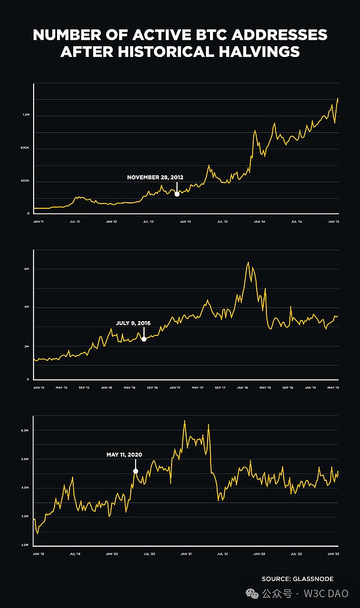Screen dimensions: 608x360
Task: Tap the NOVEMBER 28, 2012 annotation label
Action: click(155, 178)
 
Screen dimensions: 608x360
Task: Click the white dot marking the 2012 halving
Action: click(176, 193)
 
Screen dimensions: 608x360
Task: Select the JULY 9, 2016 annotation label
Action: click(133, 324)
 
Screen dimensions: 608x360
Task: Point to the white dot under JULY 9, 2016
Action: click(144, 339)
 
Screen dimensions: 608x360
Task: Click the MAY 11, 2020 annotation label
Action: click(125, 455)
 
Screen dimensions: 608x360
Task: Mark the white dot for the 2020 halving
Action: click(136, 471)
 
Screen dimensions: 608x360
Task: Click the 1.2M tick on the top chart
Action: click(26, 115)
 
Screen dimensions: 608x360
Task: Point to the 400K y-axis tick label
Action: click(26, 181)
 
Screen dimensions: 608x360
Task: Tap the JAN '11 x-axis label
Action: click(39, 221)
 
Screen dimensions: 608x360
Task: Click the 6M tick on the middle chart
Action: click(27, 269)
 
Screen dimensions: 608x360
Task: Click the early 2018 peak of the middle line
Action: click(248, 262)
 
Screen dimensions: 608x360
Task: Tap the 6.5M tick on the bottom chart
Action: click(25, 431)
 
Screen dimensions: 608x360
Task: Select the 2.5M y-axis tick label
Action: click(25, 544)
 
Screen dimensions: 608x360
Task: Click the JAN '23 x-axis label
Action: click(333, 553)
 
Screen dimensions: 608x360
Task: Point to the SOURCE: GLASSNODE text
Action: click(297, 579)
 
